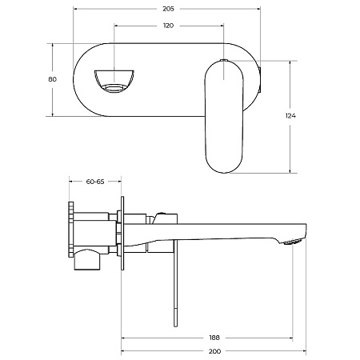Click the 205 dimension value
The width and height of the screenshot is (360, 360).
coord(168,9)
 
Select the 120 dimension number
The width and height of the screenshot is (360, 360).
coord(168,26)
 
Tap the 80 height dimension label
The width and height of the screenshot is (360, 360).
coord(53,79)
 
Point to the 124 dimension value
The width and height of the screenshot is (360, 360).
coord(290,116)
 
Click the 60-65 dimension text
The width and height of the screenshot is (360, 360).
coord(95,182)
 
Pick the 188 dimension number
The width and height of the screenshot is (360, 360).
coord(214,338)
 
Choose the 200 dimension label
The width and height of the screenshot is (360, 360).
coord(214,351)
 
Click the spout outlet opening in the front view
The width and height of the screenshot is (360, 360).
coord(114,81)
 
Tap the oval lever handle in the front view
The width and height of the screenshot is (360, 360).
coord(224,117)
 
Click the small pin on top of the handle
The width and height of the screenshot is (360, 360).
coord(224,60)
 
